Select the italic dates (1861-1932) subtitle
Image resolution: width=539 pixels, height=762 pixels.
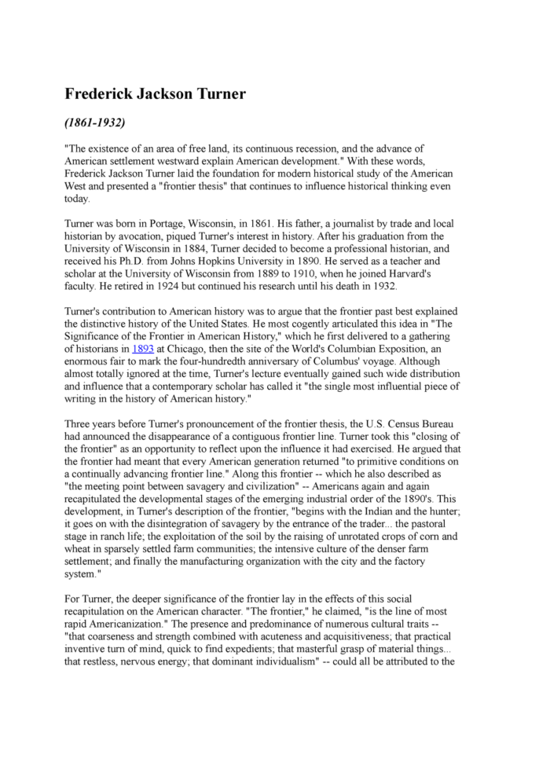[x=95, y=123]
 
